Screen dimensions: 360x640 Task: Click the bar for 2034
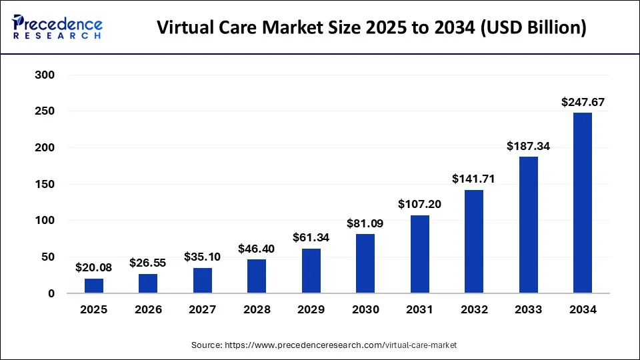(x=582, y=203)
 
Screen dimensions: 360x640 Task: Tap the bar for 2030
(x=365, y=263)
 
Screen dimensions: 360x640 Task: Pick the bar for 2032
(x=474, y=241)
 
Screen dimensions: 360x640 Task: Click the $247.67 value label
(x=582, y=102)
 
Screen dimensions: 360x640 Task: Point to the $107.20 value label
(x=419, y=204)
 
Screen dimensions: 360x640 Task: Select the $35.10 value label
(x=203, y=257)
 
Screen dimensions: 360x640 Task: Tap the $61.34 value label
(x=311, y=237)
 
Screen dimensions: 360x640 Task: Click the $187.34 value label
(x=528, y=146)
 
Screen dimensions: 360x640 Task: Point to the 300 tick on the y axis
(x=44, y=75)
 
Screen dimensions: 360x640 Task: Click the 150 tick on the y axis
(x=44, y=184)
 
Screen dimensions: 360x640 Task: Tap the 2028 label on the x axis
(x=257, y=309)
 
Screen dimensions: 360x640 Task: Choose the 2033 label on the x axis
(x=528, y=309)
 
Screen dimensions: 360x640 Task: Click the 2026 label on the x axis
(x=148, y=309)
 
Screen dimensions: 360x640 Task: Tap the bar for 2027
(x=203, y=280)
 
